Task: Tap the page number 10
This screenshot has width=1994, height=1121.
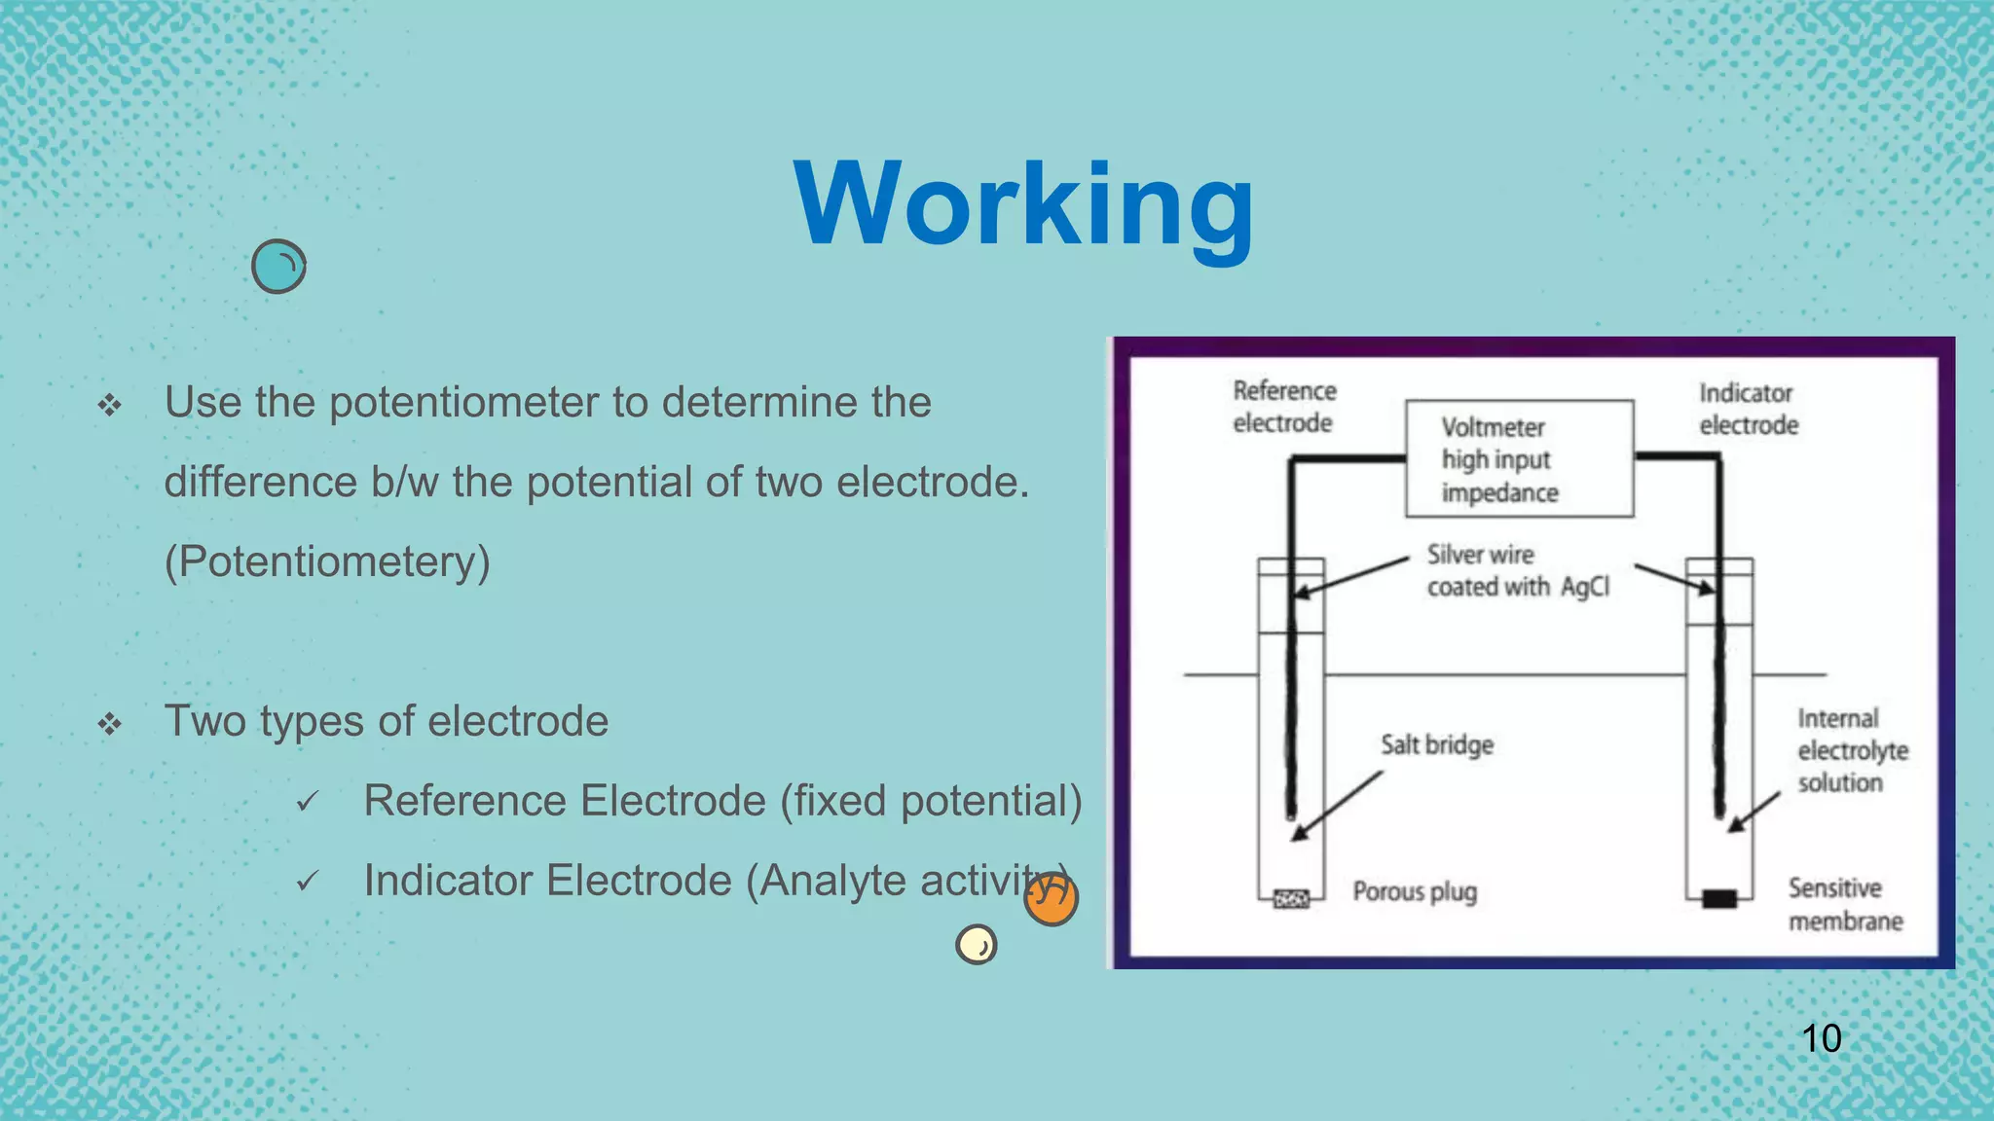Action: (1821, 1038)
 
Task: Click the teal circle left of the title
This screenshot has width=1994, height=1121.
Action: (278, 267)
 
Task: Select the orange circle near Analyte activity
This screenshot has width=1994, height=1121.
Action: (1052, 897)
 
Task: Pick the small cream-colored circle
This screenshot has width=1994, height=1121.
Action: (977, 944)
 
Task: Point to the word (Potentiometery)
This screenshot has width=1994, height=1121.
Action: (327, 562)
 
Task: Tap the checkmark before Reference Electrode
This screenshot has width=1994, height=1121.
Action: (308, 802)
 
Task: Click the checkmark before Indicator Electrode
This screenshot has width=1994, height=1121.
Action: (308, 882)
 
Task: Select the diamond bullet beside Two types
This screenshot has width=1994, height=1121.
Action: (109, 723)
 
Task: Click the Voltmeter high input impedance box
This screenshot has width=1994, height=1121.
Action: (1519, 458)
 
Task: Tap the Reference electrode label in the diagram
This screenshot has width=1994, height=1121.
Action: (1284, 407)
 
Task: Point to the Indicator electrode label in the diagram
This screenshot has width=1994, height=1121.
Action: (1748, 409)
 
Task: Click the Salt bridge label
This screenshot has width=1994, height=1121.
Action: (1437, 745)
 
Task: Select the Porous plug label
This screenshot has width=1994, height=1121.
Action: (1415, 891)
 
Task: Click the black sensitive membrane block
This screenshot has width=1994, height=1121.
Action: (1719, 898)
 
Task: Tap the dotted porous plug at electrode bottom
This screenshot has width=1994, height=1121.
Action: (1291, 899)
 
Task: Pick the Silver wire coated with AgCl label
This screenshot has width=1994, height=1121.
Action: (1517, 570)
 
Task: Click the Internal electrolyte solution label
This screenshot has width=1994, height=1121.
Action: (1852, 750)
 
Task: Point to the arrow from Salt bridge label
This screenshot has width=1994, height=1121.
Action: (1338, 805)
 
